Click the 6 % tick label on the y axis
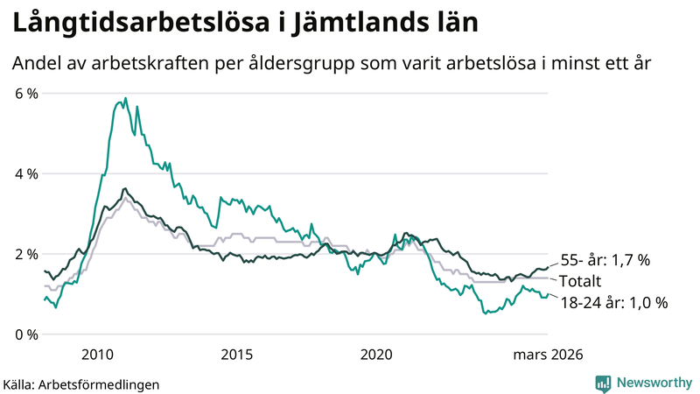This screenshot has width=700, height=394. click(x=25, y=93)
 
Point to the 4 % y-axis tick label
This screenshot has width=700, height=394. click(x=25, y=173)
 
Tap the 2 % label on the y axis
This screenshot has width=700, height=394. click(x=25, y=254)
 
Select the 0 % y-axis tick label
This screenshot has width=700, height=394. click(x=25, y=334)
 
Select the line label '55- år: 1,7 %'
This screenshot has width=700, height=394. click(x=606, y=260)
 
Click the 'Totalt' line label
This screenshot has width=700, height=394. click(x=582, y=281)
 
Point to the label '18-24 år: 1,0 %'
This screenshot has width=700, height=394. click(x=614, y=303)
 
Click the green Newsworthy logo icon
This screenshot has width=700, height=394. click(x=603, y=383)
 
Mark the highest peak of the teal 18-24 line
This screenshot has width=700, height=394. click(x=125, y=98)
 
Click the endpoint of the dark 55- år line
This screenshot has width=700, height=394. click(x=548, y=266)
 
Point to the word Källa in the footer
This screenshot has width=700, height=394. click(x=19, y=383)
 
